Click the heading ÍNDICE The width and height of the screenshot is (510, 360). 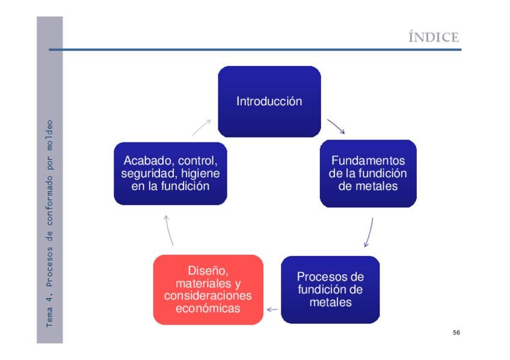point(434,37)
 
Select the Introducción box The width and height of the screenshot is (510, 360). point(269,101)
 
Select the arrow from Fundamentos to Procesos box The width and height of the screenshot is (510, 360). point(369,233)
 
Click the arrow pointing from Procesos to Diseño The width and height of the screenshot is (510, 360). point(272,310)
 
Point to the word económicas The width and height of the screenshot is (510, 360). point(208,308)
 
